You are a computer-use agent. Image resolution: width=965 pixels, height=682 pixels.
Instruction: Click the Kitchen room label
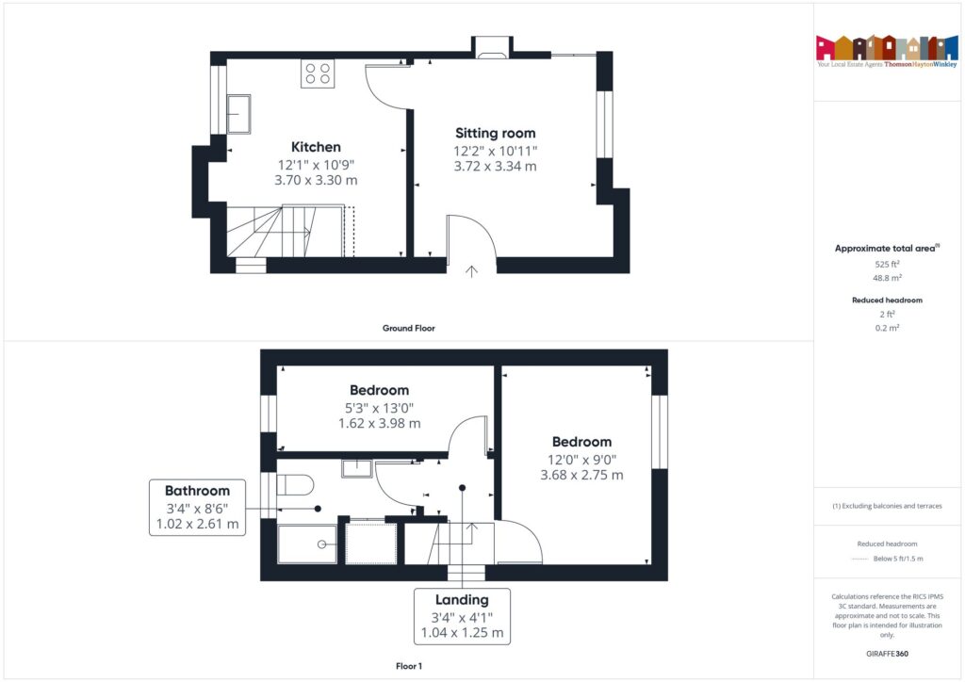316,147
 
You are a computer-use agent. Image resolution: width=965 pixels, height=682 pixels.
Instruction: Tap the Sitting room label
495,133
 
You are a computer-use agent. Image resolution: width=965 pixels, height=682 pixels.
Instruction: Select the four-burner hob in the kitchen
318,73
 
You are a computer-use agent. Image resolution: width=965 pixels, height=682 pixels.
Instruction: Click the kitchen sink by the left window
237,113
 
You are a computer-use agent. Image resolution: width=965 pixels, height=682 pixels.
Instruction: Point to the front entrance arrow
471,271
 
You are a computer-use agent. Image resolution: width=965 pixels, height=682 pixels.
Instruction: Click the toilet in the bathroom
295,485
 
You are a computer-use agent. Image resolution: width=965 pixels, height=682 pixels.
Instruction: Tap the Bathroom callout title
197,491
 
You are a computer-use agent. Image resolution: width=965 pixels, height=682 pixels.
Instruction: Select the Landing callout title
462,600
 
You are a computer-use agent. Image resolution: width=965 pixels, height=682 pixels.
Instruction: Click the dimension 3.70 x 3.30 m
316,180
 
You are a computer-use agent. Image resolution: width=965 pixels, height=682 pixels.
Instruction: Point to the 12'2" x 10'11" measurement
495,150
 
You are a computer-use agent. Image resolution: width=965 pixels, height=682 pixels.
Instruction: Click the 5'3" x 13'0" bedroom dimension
379,408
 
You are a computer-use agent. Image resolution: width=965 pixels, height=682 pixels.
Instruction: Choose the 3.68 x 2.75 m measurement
581,476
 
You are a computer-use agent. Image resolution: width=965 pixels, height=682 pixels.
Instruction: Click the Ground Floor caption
408,329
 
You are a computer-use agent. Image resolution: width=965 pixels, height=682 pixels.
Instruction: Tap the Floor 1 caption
408,666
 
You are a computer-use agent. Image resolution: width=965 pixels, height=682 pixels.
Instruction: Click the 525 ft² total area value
887,265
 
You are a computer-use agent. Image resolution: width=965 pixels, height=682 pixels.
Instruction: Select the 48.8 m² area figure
887,279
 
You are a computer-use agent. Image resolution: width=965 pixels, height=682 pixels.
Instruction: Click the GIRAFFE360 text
887,653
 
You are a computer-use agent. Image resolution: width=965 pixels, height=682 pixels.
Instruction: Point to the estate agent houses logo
887,48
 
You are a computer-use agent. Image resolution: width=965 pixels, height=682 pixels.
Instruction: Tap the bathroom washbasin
356,467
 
